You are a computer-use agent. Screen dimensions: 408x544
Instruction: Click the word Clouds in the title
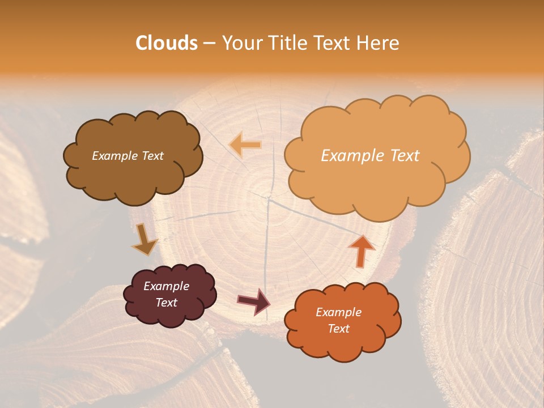point(167,43)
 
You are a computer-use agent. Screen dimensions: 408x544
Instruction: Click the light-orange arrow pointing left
point(245,144)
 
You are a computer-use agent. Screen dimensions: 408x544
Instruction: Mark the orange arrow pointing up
point(362,250)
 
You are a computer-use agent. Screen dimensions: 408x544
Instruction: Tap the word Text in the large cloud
point(400,156)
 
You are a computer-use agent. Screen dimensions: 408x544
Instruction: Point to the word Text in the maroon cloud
point(167,303)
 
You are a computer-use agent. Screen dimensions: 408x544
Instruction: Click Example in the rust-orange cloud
point(338,312)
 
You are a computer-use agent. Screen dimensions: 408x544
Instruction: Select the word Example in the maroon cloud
point(167,286)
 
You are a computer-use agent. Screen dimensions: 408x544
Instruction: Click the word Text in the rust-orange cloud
point(338,329)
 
